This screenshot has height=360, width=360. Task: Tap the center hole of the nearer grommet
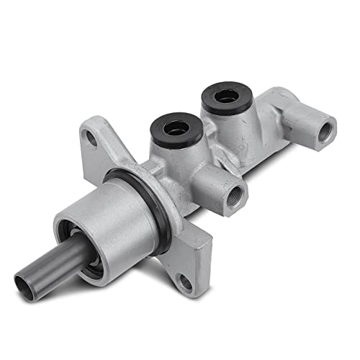[x=175, y=127]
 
